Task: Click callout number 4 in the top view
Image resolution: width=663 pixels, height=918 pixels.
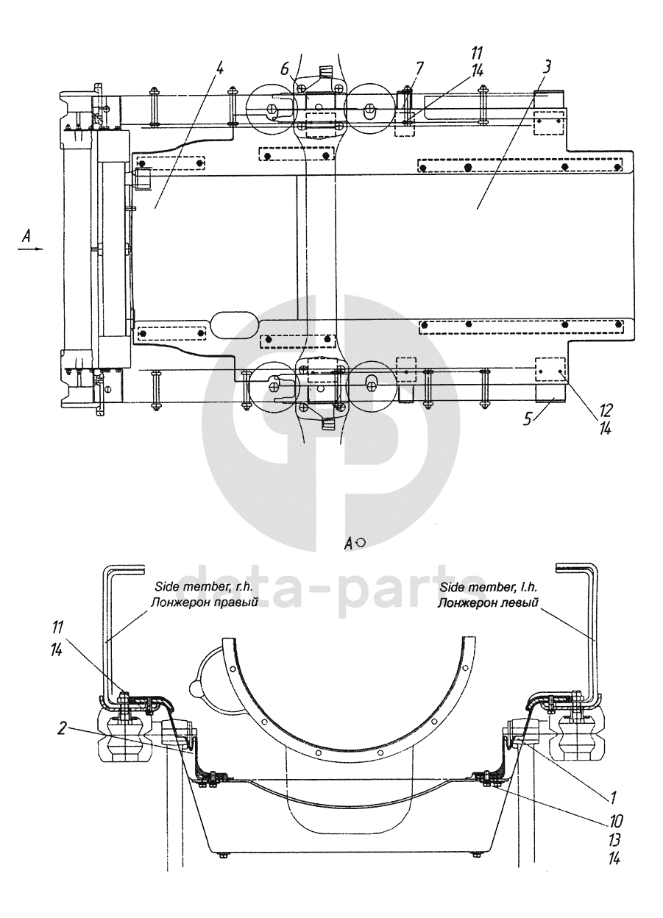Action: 220,68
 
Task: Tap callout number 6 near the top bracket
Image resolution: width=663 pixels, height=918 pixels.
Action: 285,70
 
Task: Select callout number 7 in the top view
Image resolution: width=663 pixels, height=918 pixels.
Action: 419,68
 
